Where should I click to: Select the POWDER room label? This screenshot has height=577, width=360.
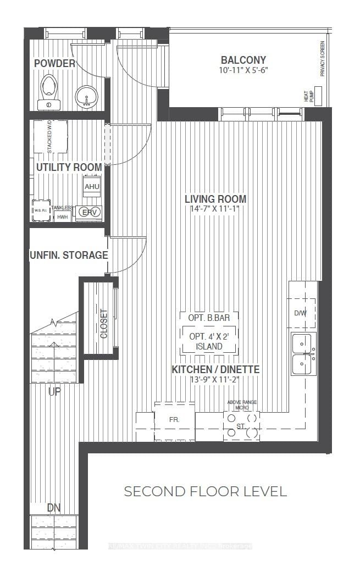pos(54,64)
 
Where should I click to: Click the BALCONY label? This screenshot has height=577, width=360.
pos(243,60)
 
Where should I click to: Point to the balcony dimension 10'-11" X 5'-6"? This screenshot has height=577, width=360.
pos(243,70)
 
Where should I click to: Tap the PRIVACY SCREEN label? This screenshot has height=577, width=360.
pos(323,59)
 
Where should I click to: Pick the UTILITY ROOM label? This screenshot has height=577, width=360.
pos(69,167)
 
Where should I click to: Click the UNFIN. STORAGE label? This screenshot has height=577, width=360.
pos(69,255)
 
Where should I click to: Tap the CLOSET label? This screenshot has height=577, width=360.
pos(104,324)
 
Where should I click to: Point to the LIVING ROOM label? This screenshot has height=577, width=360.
pos(215,199)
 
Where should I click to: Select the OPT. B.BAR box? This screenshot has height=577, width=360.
pos(209,318)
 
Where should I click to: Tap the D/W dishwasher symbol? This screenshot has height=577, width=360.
pos(300,313)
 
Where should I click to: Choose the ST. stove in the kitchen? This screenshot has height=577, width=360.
pos(241,425)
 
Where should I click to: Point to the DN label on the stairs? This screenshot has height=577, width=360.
pos(54,508)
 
